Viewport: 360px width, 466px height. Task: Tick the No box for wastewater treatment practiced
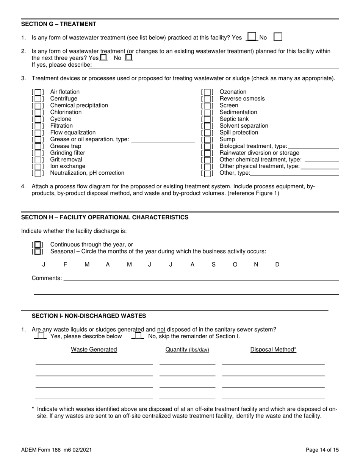pos(278,37)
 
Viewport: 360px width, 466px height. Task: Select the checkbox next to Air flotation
pos(38,92)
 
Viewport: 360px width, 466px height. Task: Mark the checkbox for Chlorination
pos(38,113)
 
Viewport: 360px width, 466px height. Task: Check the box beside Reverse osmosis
pos(207,99)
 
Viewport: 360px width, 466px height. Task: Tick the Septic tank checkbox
pos(207,119)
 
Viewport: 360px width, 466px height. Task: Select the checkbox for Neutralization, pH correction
pos(38,174)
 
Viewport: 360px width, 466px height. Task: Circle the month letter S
pos(213,265)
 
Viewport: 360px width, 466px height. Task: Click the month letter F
pos(65,265)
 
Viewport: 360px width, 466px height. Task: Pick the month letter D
pos(277,265)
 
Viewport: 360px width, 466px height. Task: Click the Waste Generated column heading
pos(94,350)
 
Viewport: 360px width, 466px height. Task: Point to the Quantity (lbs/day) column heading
pos(187,350)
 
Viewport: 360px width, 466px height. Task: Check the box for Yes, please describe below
pos(40,336)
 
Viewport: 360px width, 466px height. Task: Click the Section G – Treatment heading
pos(59,24)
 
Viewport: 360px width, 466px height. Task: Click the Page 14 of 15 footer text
pos(322,450)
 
